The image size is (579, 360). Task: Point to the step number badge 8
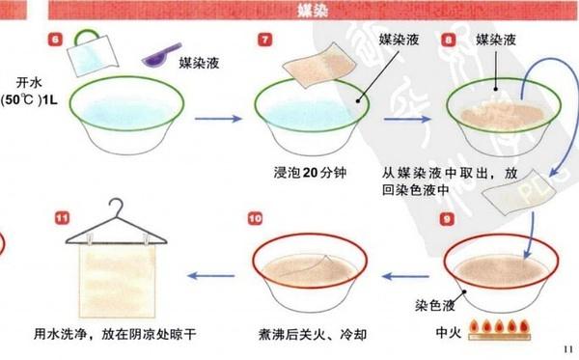pos(450,40)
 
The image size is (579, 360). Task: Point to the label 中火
pos(449,336)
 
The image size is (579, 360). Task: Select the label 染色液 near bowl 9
pos(433,301)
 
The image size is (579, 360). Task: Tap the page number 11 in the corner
pos(566,348)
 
